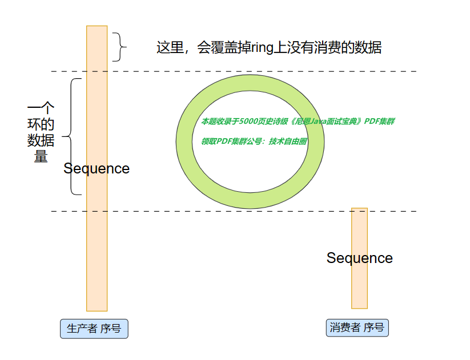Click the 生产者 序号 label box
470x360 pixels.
coord(94,329)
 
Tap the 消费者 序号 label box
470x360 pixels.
coord(357,327)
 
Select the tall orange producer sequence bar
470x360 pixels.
coord(97,240)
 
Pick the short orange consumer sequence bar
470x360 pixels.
coord(359,285)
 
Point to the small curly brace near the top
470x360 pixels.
coord(118,47)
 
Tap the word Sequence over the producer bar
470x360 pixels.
coord(97,169)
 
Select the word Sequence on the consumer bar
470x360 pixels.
coord(359,258)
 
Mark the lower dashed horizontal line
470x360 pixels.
coord(228,211)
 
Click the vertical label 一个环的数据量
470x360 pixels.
coord(41,132)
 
